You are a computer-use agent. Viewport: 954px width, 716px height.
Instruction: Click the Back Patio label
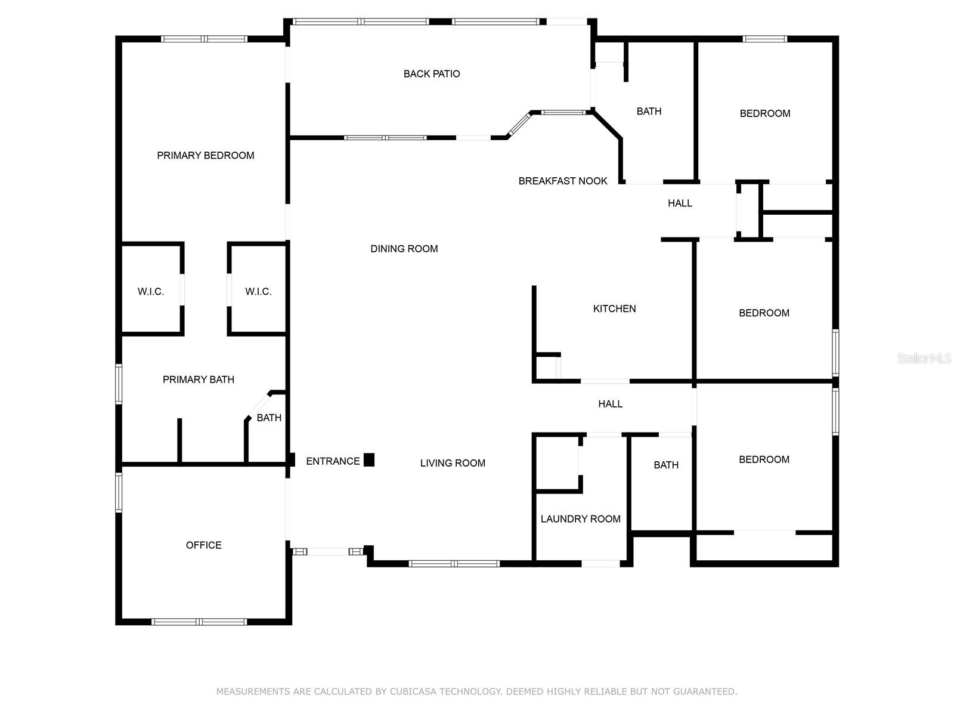coord(432,74)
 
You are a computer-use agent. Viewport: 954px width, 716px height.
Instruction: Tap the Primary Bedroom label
coord(205,156)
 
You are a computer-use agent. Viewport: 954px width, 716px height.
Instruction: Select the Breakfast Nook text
coord(562,181)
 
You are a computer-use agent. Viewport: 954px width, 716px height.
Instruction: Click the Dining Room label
coord(404,249)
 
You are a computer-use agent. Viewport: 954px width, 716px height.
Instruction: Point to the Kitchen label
coord(614,308)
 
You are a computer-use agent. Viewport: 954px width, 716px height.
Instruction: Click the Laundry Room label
coord(580,519)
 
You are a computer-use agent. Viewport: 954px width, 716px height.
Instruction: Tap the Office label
coord(203,545)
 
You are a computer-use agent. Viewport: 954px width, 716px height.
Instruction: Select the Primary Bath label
coord(198,379)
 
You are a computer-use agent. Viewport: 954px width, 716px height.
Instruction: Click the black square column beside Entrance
coord(369,460)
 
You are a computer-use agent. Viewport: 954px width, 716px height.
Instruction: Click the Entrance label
coord(333,461)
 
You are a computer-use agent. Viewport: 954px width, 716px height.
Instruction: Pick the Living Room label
coord(453,463)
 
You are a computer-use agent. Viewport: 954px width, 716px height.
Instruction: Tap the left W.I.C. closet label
coord(150,292)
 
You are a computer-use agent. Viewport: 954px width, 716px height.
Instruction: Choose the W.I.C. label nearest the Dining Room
coord(258,292)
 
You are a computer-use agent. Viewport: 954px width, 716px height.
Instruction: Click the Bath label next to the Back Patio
coord(649,112)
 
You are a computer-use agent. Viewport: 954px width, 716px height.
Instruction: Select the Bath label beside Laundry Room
coord(665,465)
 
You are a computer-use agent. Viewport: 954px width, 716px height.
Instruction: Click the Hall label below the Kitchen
coord(610,405)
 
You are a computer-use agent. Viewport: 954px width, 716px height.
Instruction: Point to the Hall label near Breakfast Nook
coord(680,203)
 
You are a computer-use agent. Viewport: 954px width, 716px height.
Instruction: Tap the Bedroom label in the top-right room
coord(764,113)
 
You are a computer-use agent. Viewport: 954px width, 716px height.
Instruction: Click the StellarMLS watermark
coord(924,359)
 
